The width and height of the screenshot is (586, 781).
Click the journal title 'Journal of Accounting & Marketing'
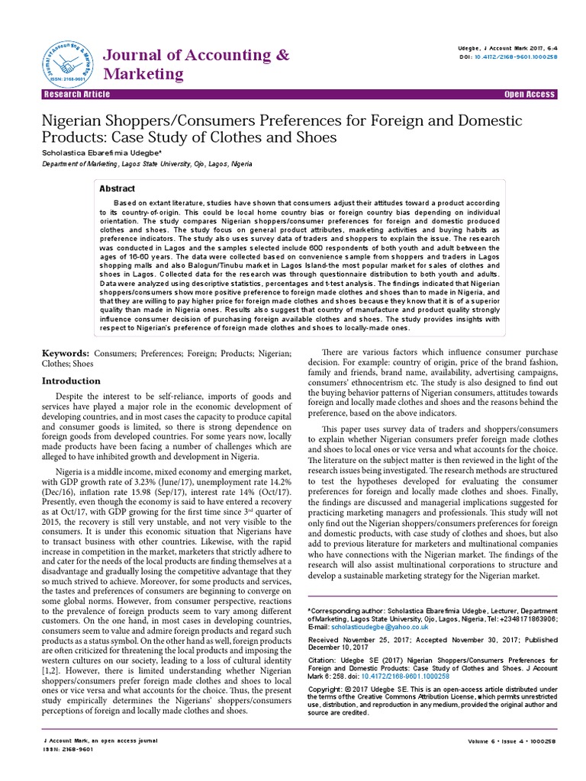[x=196, y=64]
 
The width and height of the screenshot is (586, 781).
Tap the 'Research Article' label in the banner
[x=76, y=95]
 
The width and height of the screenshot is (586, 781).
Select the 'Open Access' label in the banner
[x=530, y=95]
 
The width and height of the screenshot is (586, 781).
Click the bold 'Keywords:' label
[x=65, y=355]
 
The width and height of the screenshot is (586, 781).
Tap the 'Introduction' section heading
[x=71, y=381]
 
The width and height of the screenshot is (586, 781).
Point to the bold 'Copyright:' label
[x=324, y=689]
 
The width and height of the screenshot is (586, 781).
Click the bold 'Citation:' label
[x=321, y=660]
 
